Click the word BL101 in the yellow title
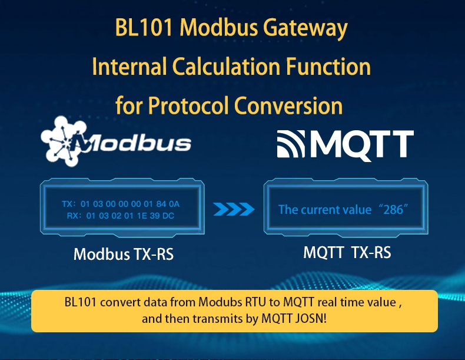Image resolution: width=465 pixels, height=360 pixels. click(144, 28)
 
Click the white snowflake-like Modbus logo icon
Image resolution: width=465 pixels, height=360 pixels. click(63, 141)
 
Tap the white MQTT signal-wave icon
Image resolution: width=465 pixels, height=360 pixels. click(291, 144)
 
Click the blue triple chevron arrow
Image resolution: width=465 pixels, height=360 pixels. click(234, 209)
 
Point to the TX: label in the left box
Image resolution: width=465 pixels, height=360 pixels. click(68, 204)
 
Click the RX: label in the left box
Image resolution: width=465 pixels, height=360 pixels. click(74, 216)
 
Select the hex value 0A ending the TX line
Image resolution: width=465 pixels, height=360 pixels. click(174, 204)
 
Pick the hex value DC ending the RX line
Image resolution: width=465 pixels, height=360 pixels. click(168, 216)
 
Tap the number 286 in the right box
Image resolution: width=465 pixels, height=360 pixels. click(393, 210)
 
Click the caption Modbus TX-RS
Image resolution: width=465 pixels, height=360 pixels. click(124, 254)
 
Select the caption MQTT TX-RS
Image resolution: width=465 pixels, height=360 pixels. click(347, 253)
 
